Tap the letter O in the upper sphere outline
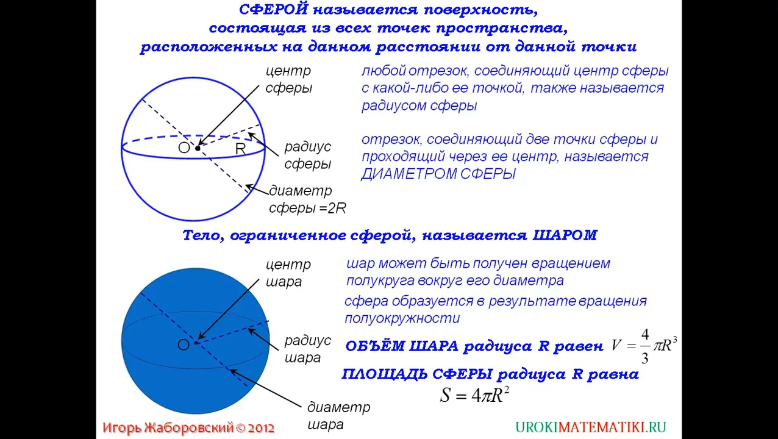click(184, 148)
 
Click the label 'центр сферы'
click(288, 79)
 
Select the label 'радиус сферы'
click(307, 155)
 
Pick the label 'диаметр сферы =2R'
click(307, 199)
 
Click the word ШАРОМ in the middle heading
click(565, 235)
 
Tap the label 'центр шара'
click(288, 273)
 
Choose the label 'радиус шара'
click(307, 349)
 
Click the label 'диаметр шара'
click(338, 416)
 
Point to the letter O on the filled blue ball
click(183, 345)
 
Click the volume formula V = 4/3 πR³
click(644, 346)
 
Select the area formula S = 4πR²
click(474, 395)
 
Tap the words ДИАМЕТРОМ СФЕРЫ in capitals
click(438, 174)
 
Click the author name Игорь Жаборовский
click(168, 428)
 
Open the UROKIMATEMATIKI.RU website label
click(590, 427)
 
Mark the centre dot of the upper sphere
click(198, 148)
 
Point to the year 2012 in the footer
click(261, 428)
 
